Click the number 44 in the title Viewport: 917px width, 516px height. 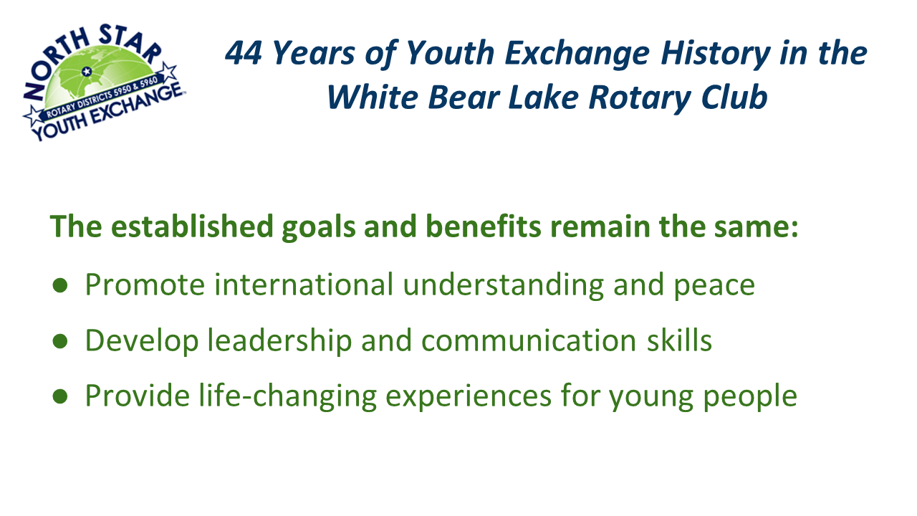pos(244,53)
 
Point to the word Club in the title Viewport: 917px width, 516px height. pos(734,97)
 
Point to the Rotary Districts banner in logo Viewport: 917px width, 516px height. pos(103,97)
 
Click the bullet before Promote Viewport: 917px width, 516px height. pos(60,285)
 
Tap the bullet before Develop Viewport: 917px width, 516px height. pos(60,340)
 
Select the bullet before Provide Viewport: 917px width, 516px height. pos(60,396)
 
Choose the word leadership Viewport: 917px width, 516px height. pos(279,340)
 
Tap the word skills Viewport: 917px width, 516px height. pos(679,340)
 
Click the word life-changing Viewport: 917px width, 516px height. pos(288,396)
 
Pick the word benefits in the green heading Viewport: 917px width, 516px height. pos(484,226)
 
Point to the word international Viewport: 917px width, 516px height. pos(304,285)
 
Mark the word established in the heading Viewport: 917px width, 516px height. pos(192,226)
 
